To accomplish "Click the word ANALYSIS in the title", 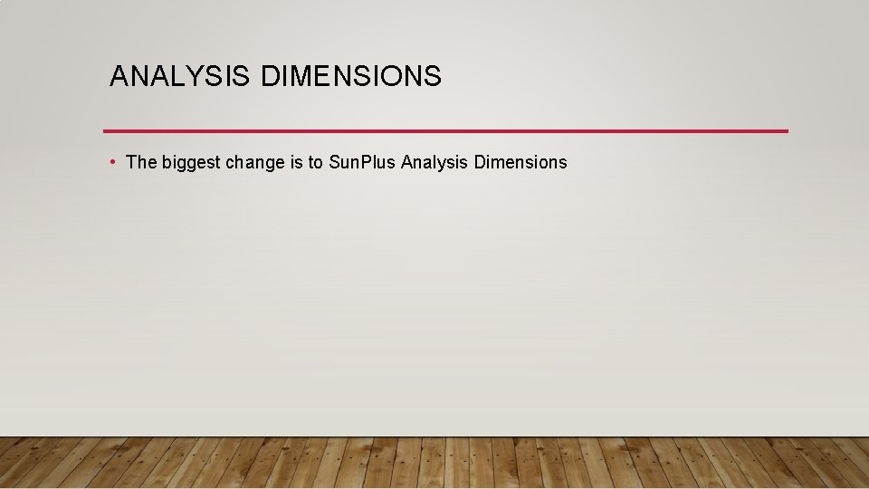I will click(x=178, y=77).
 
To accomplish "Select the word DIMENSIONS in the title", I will click(x=351, y=77).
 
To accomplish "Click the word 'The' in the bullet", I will click(x=141, y=163).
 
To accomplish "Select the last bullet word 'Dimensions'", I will click(x=520, y=163).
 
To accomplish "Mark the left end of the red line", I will click(x=105, y=131).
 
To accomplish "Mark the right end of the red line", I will click(x=787, y=131).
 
